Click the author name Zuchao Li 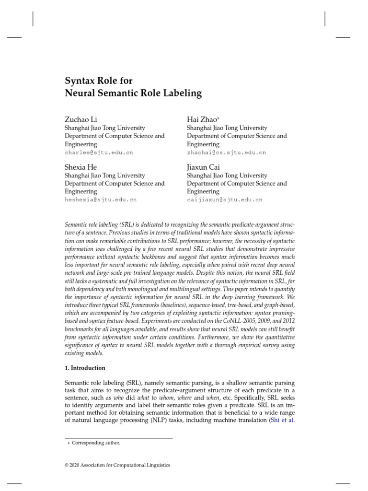click(x=80, y=119)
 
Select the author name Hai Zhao click(x=202, y=119)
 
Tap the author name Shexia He click(x=80, y=167)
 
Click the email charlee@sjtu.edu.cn click(x=99, y=152)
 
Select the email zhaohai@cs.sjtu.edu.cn click(x=226, y=152)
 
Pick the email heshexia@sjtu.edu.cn click(x=101, y=199)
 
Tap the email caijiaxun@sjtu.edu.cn click(x=224, y=199)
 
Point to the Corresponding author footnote click(x=96, y=443)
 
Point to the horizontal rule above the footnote click(x=118, y=438)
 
